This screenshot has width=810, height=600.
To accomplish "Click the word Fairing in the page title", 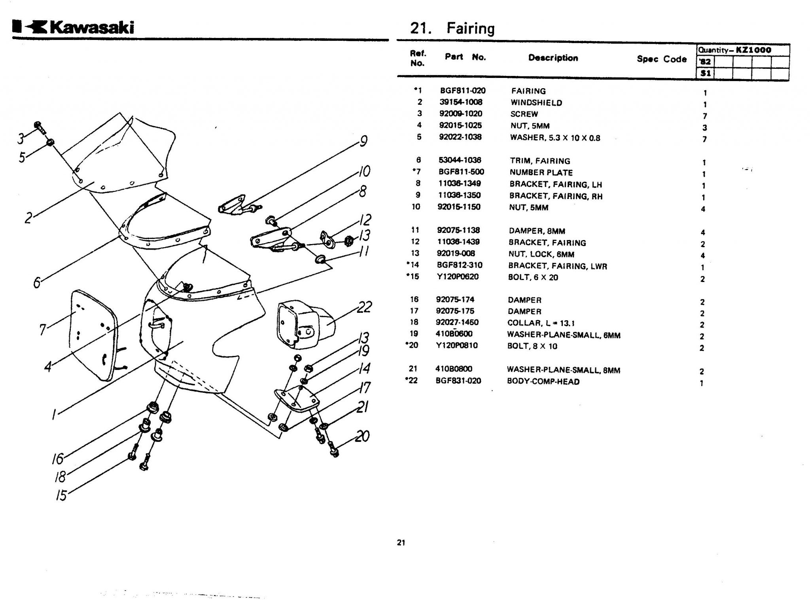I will click(470, 28).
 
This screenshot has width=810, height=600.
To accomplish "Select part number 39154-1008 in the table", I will click(461, 102).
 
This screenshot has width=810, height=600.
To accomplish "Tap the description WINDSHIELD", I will click(536, 103).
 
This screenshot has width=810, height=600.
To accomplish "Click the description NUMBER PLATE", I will click(541, 172).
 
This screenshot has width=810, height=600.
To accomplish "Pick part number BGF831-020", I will click(458, 381).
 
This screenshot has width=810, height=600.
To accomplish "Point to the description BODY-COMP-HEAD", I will click(543, 382).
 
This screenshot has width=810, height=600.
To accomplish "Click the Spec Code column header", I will click(661, 59).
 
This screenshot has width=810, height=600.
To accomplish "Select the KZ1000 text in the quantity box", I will click(753, 50).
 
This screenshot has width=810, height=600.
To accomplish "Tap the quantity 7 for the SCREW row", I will click(704, 116).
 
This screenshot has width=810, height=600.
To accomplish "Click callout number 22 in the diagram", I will click(364, 307).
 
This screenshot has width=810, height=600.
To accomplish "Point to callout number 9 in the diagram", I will click(363, 141).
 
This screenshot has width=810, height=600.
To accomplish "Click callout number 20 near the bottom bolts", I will click(362, 436).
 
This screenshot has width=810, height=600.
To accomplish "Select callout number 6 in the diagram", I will click(37, 282).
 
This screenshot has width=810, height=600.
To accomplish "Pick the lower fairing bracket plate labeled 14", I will click(297, 399).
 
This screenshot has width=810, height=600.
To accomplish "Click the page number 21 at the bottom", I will click(401, 543).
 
